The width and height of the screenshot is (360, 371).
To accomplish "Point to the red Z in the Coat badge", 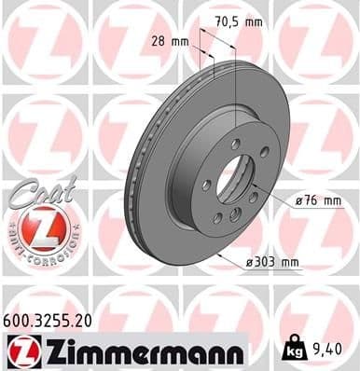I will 34,227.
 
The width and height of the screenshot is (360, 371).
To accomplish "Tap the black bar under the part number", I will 121,333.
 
